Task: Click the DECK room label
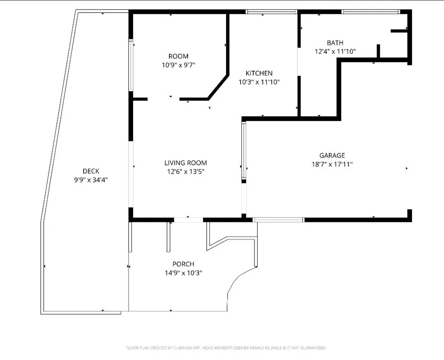tap(91, 171)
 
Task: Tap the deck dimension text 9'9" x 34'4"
tap(91, 180)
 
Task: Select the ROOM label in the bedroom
tap(178, 56)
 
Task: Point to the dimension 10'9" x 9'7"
tap(178, 65)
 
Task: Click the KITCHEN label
tap(259, 73)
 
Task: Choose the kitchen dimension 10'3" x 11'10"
tap(259, 82)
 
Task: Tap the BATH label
tap(335, 43)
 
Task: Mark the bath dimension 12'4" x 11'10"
tap(335, 51)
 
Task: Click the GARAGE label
tap(332, 156)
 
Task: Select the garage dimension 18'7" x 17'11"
tap(332, 165)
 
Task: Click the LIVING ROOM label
tap(185, 163)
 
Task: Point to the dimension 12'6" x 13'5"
tap(185, 171)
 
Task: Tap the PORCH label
tap(183, 264)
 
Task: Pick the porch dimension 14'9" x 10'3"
tap(183, 272)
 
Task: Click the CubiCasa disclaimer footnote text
tap(226, 348)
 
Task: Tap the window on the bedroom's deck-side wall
tap(131, 66)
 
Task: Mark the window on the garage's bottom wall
tap(278, 220)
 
